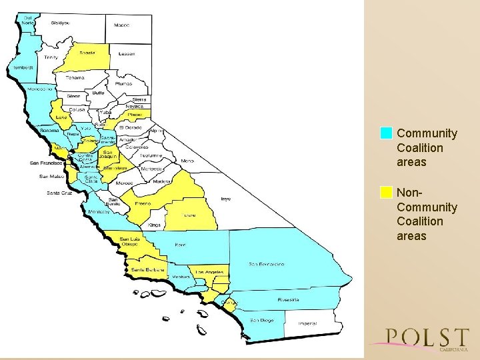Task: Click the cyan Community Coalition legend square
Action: [386, 133]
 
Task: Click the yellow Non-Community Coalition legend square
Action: [386, 192]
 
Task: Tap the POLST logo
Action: [427, 338]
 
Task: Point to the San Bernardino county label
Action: [267, 264]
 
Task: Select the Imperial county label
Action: [307, 323]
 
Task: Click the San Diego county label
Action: [261, 320]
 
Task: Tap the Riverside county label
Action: [288, 300]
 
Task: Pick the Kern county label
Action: [180, 245]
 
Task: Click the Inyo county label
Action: [226, 198]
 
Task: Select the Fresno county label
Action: [143, 203]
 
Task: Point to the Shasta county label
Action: [87, 53]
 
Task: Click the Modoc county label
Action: [121, 25]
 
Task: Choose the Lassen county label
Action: [127, 53]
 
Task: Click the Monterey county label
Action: [99, 212]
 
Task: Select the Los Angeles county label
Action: [209, 273]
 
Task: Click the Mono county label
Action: [187, 161]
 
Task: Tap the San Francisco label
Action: [46, 163]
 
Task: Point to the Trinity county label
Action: [51, 57]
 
